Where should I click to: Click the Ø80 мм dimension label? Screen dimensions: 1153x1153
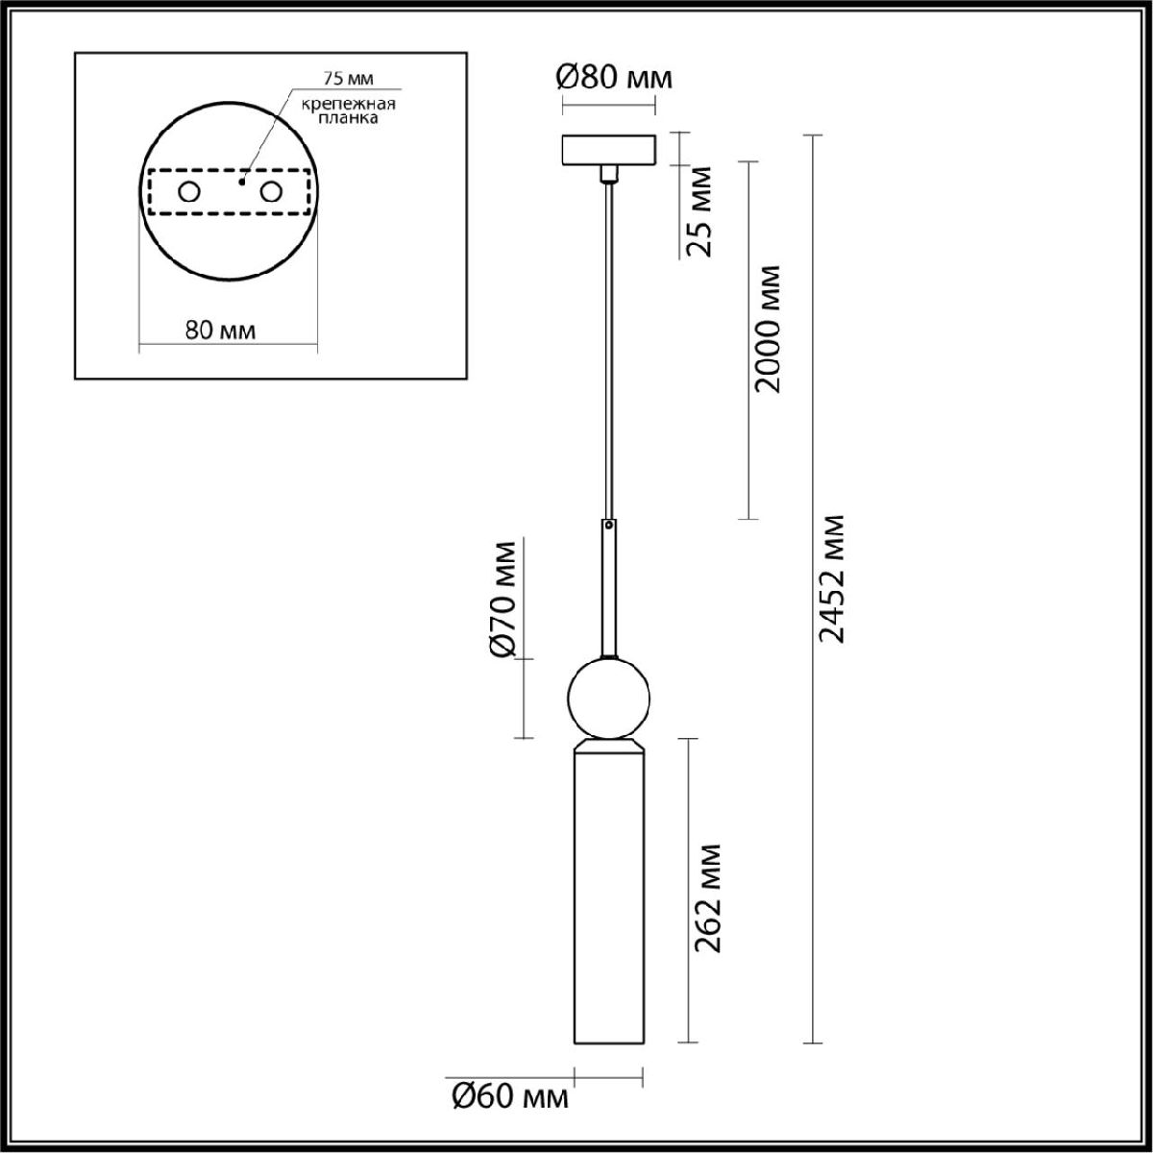pyautogui.click(x=615, y=78)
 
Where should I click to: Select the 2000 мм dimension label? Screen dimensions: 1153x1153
pyautogui.click(x=767, y=330)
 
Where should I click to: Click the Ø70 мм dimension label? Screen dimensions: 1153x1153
pyautogui.click(x=502, y=601)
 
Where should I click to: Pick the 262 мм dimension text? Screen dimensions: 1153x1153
pyautogui.click(x=707, y=898)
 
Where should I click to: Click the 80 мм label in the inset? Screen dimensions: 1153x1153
pyautogui.click(x=221, y=330)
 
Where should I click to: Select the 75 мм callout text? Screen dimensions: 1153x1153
pyautogui.click(x=348, y=79)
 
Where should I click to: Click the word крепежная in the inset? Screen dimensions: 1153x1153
pyautogui.click(x=348, y=104)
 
